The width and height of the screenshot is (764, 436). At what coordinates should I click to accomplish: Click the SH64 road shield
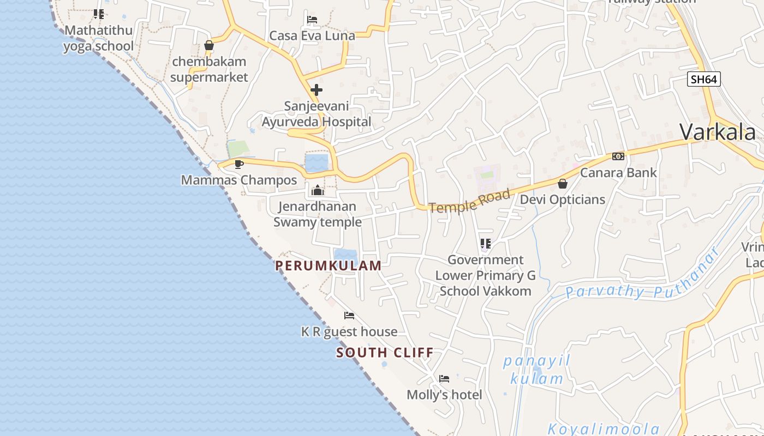click(x=703, y=80)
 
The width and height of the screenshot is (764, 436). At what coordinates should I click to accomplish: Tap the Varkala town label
click(x=718, y=132)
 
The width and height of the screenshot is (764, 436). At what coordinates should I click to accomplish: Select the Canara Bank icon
click(x=618, y=156)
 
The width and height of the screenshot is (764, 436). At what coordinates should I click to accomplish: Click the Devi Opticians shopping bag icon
click(x=562, y=184)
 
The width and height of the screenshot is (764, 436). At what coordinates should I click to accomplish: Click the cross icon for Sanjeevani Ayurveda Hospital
click(x=317, y=90)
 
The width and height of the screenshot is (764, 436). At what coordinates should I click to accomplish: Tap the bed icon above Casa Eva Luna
click(x=312, y=20)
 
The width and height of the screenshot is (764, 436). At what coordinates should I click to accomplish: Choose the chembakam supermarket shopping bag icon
click(x=209, y=45)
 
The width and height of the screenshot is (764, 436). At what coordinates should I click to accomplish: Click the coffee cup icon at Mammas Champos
click(x=238, y=163)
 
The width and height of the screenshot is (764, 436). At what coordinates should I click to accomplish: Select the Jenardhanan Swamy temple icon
click(x=317, y=190)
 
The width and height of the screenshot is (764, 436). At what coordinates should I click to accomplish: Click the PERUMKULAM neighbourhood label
click(x=329, y=265)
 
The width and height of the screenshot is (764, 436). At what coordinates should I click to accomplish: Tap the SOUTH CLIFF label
click(x=385, y=353)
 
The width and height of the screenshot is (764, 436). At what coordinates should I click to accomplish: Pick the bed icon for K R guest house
click(x=349, y=316)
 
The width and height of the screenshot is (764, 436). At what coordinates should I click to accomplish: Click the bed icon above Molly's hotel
click(x=444, y=379)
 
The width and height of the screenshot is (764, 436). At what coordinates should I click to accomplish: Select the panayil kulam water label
click(x=536, y=370)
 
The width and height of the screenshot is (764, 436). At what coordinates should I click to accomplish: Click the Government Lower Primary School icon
click(x=485, y=243)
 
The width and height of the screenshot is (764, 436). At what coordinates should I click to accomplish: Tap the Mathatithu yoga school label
click(x=99, y=38)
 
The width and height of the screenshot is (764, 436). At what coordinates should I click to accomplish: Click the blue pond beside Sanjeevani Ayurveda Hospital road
click(x=317, y=163)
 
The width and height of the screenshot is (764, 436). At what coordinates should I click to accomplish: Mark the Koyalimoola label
click(x=604, y=428)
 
